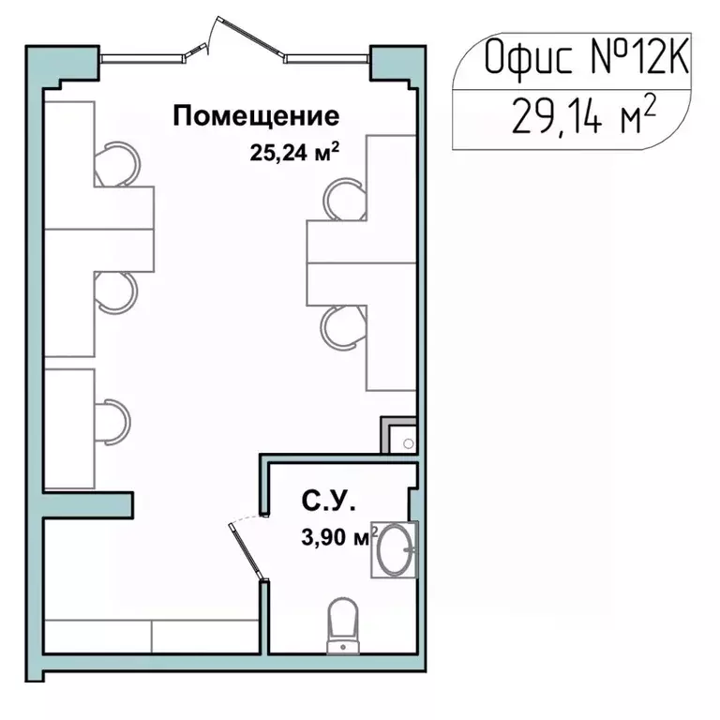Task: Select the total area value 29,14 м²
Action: point(582,120)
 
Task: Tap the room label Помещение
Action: point(256,117)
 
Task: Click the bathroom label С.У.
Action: point(328,503)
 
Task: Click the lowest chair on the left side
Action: point(113,419)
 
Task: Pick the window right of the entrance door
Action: point(329,56)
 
